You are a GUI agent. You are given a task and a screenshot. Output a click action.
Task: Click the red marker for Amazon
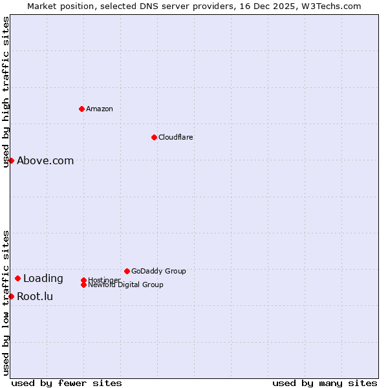(x=81, y=109)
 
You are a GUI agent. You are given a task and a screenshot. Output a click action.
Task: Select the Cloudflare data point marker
(x=154, y=137)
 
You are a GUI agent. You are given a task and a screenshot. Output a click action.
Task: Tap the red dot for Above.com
(x=11, y=160)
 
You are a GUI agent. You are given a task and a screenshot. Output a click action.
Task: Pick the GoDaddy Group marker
(x=127, y=271)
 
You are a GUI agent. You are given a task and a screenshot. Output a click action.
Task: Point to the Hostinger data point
(x=83, y=280)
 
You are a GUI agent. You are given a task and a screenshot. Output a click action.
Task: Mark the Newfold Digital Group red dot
(x=83, y=285)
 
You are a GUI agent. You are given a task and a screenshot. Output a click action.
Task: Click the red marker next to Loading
(x=17, y=279)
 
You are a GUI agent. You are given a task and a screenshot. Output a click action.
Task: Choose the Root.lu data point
(x=11, y=296)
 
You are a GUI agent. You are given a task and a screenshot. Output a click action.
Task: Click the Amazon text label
(x=100, y=109)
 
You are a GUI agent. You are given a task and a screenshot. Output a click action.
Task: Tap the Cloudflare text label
(x=176, y=137)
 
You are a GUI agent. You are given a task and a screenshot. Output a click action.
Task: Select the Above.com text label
(x=45, y=160)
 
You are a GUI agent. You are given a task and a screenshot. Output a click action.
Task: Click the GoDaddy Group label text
(x=158, y=271)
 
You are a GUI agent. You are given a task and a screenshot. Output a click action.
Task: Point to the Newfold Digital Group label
(x=125, y=285)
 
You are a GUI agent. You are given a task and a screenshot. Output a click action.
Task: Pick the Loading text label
(x=43, y=279)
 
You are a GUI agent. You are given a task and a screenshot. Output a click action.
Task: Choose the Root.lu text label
(x=35, y=297)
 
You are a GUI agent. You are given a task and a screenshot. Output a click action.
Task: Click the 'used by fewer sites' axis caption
(x=67, y=383)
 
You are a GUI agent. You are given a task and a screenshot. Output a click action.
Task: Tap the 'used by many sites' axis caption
(x=325, y=383)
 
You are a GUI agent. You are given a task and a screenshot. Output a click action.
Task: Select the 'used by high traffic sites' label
(x=6, y=92)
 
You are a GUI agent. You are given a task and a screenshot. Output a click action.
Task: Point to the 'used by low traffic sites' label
(x=6, y=303)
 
